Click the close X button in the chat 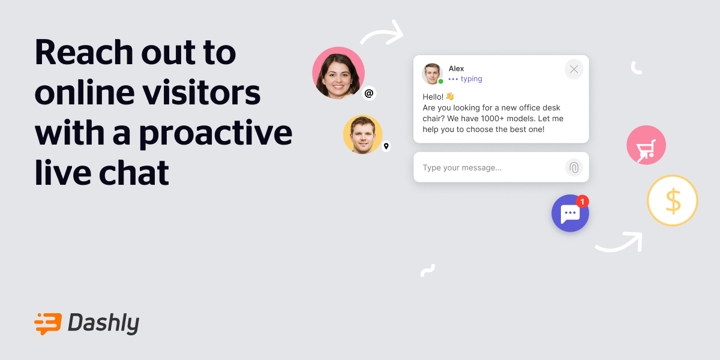574,70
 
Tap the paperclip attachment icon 574,167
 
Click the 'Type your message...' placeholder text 462,168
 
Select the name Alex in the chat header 456,68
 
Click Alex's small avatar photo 431,73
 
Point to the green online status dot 440,81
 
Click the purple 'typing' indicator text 471,79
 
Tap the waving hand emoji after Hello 449,96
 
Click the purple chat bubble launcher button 569,214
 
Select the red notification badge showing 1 582,202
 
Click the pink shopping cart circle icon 646,145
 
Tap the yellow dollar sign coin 672,200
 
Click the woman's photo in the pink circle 338,73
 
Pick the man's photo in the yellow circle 362,134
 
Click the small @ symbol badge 369,93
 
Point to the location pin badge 386,146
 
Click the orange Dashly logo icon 48,323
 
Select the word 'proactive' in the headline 216,133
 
